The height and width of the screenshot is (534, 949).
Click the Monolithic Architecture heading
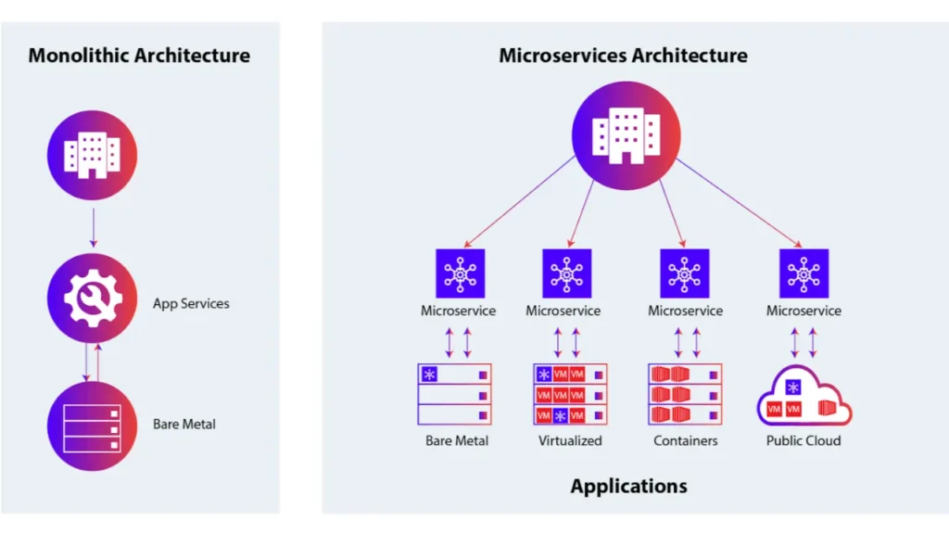139,56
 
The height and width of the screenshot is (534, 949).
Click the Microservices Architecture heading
623,56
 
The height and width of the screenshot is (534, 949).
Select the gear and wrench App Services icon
92,298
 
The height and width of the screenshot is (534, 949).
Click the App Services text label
191,303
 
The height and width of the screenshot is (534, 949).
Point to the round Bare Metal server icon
92,425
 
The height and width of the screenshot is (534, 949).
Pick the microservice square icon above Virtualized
567,273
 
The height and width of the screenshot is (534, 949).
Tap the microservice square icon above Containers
685,273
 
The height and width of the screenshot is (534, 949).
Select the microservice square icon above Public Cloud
803,273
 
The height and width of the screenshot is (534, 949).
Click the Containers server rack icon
685,394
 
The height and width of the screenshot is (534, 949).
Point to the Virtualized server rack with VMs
570,394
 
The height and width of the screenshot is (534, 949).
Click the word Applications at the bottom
628,486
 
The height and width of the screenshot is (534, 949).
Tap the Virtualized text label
570,441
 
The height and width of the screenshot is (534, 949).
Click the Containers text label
685,441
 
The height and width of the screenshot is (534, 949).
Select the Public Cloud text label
803,441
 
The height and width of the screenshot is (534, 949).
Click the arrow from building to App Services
93,226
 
